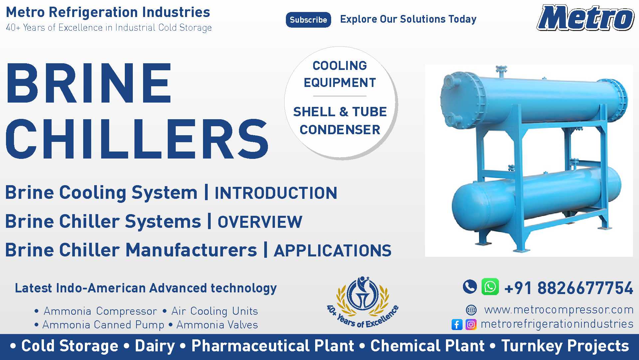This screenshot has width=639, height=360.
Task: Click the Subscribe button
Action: coord(308,20)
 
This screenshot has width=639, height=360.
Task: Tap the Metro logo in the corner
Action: coord(585,18)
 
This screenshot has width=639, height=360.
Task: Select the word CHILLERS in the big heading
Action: coord(137,139)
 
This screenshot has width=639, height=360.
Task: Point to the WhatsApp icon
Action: coord(490,286)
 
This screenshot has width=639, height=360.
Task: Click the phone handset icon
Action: coord(470,286)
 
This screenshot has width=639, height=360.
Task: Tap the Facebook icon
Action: coord(457,324)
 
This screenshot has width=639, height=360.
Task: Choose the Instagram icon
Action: coord(471,324)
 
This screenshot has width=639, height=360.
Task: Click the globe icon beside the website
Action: coord(471,310)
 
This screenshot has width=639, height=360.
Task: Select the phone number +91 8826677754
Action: coord(568,288)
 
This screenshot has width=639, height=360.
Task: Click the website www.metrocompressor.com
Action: coord(559,310)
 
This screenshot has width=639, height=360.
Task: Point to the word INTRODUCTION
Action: coord(276,193)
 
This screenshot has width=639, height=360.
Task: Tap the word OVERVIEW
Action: coord(260,222)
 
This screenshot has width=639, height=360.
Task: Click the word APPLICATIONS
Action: coord(332,251)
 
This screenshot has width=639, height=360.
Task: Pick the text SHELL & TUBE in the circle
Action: coord(340,112)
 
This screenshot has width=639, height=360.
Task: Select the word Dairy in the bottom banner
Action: coord(155,346)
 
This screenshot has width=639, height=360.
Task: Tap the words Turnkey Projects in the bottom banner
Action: coord(565,346)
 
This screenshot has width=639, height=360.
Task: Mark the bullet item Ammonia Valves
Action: coord(217,325)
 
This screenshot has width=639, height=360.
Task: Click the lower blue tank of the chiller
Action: coord(536,196)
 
